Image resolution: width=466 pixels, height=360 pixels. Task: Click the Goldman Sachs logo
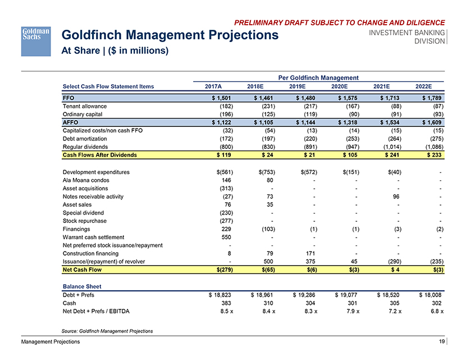[x=36, y=40]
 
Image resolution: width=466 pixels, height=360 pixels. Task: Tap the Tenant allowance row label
[x=84, y=106]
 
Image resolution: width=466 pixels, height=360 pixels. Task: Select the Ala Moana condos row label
[x=86, y=180]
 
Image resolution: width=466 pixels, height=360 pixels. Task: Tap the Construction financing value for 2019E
[x=307, y=253]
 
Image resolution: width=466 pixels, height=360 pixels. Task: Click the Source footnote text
[x=106, y=331]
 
